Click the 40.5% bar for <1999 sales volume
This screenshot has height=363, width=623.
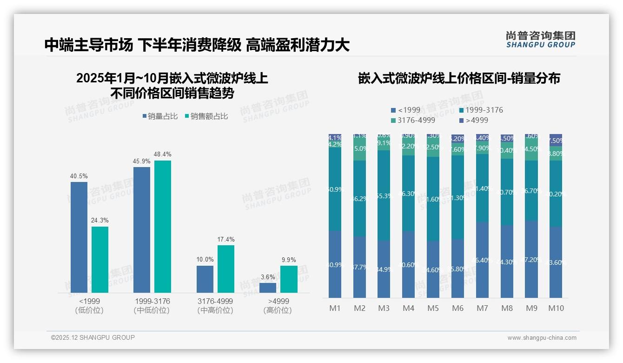click(x=79, y=237)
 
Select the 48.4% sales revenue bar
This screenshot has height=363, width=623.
click(x=163, y=227)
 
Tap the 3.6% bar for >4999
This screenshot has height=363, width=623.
click(x=268, y=288)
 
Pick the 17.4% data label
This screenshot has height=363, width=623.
click(x=226, y=239)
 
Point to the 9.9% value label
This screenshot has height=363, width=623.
click(x=288, y=260)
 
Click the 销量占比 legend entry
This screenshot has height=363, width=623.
click(x=160, y=116)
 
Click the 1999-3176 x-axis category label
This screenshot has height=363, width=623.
click(x=152, y=301)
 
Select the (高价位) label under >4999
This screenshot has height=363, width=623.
click(x=278, y=310)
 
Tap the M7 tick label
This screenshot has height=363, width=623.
click(x=482, y=308)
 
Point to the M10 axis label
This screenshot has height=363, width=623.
click(x=556, y=308)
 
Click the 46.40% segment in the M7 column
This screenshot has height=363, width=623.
click(x=482, y=260)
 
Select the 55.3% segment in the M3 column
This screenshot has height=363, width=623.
click(x=384, y=195)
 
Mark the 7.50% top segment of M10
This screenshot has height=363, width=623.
click(x=556, y=140)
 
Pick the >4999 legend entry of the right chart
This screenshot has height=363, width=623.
click(x=474, y=120)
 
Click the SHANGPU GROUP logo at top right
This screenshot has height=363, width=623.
click(x=540, y=40)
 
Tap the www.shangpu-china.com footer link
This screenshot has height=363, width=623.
click(x=542, y=338)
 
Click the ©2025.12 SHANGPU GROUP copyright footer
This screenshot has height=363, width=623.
click(x=93, y=337)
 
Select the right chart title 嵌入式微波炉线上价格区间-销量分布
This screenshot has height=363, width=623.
click(x=459, y=78)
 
